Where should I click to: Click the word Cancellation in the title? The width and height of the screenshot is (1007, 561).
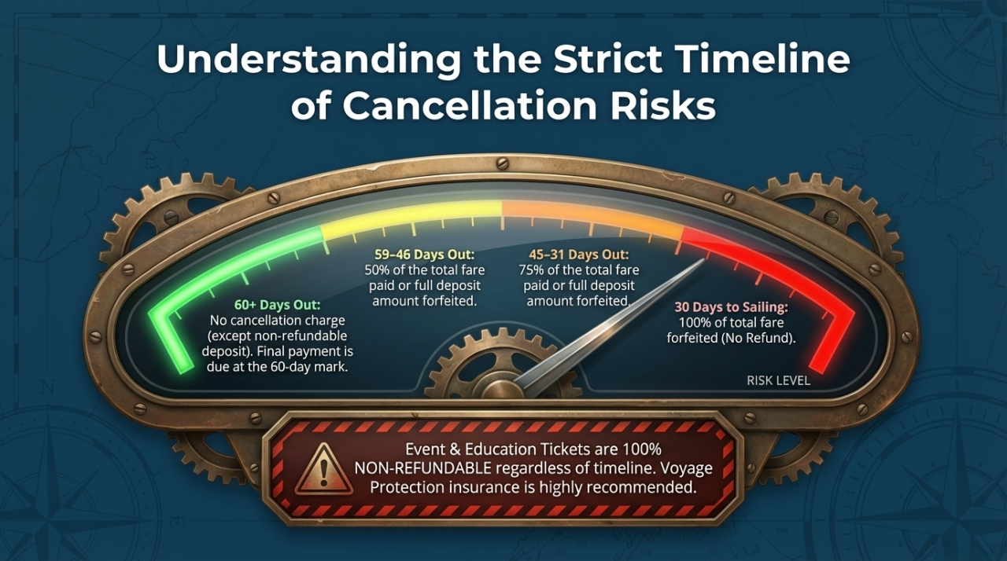470,106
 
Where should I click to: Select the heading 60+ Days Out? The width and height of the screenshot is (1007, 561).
278,305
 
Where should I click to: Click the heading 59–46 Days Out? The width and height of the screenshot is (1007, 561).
424,255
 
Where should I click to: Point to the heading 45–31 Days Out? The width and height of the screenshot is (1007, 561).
579,255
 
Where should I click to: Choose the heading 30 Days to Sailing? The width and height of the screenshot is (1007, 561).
731,307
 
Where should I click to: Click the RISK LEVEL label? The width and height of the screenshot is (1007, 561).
778,380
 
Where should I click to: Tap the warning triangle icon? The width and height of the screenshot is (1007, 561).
323,468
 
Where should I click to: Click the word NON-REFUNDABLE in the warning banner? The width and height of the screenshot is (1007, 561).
422,468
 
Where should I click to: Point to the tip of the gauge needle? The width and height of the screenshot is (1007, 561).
704,259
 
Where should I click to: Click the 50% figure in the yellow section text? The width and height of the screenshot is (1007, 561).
375,270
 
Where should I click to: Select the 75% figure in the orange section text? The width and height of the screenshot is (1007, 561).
530,270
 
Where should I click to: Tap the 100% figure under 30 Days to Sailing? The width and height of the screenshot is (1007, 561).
692,323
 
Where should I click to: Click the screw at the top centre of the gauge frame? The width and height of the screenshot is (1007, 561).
502,163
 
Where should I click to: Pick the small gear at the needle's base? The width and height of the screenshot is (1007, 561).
501,365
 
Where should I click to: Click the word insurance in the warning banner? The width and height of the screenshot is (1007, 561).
490,487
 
